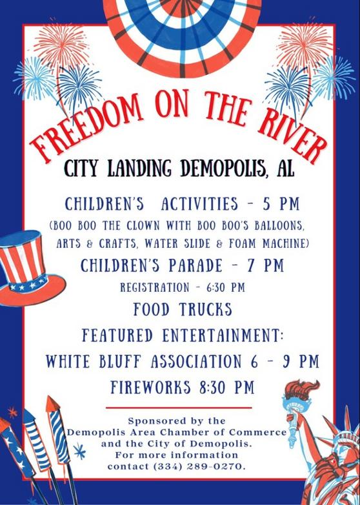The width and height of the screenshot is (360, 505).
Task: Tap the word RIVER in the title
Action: click(292, 134)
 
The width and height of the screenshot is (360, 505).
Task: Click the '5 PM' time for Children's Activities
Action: click(281, 204)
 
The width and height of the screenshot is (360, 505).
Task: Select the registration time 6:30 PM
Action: click(226, 287)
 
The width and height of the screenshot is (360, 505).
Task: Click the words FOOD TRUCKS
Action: click(183, 309)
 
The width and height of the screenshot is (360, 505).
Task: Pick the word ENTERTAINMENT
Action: click(223, 336)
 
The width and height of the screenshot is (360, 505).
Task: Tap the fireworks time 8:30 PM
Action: click(227, 387)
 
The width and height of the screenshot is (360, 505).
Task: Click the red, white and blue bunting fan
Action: click(183, 36)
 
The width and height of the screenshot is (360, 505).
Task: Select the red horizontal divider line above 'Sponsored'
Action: click(179, 407)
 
